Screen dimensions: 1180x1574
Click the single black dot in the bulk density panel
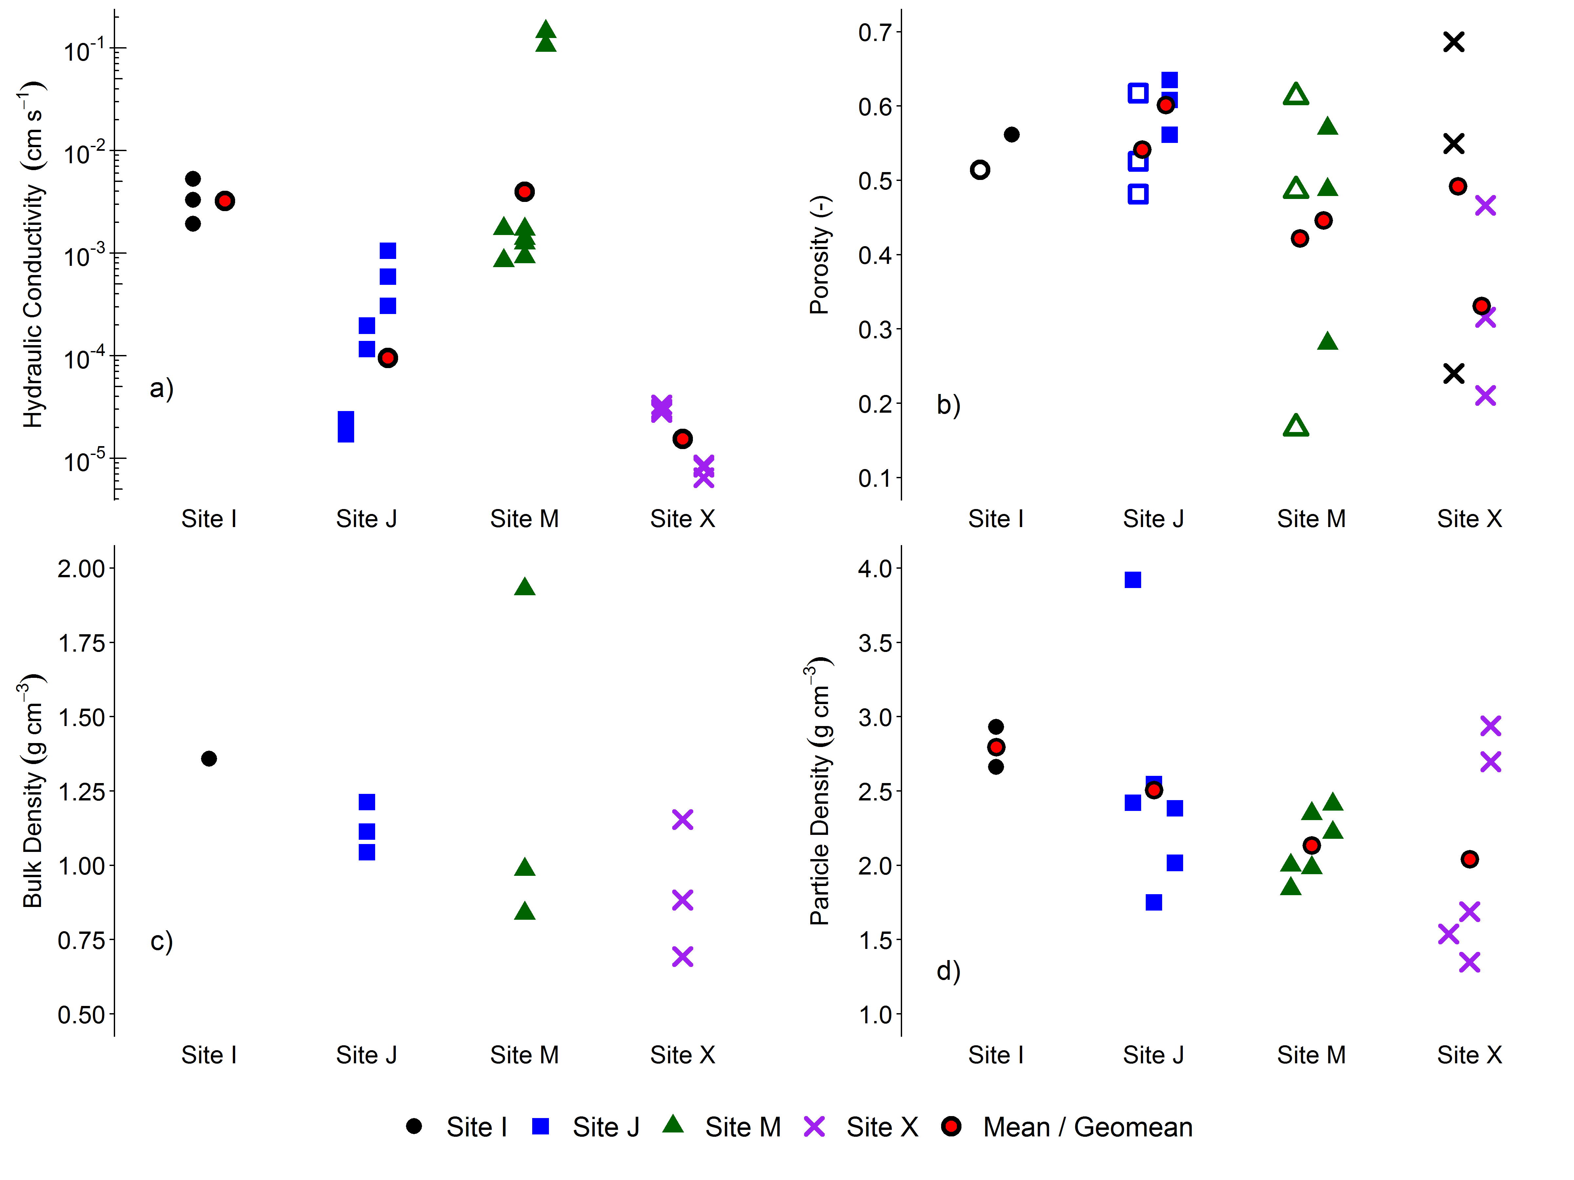209,759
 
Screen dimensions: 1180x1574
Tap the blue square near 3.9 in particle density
1133,580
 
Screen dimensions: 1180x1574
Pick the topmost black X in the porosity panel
1454,42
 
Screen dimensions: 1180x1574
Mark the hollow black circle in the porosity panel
980,170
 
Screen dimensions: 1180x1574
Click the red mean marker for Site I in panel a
225,201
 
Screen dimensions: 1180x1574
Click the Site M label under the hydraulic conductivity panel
524,519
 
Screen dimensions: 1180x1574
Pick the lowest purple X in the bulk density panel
682,957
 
